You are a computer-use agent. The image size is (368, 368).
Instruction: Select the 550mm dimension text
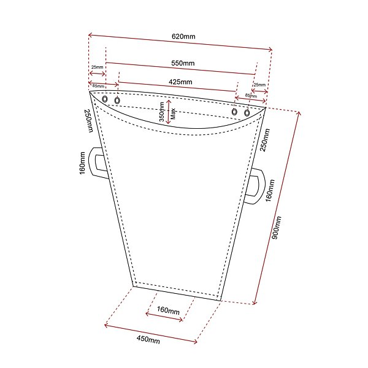[183, 63]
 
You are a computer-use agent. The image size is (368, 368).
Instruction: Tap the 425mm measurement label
[180, 82]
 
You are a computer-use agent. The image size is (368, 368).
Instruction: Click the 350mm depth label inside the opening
[162, 112]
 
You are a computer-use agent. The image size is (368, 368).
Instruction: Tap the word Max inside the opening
[174, 113]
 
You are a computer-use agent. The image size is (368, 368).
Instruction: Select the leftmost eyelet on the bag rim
[105, 99]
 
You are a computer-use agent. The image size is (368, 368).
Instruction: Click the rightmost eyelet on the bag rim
[247, 113]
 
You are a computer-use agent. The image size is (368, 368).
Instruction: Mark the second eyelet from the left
[117, 101]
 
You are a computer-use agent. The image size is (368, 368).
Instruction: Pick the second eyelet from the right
[234, 111]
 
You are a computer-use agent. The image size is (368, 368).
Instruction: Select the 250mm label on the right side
[264, 140]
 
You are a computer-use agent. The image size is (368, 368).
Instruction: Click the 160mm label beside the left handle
[82, 163]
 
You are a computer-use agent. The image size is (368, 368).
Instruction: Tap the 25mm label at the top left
[97, 67]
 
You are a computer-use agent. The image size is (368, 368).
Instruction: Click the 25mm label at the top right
[259, 85]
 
